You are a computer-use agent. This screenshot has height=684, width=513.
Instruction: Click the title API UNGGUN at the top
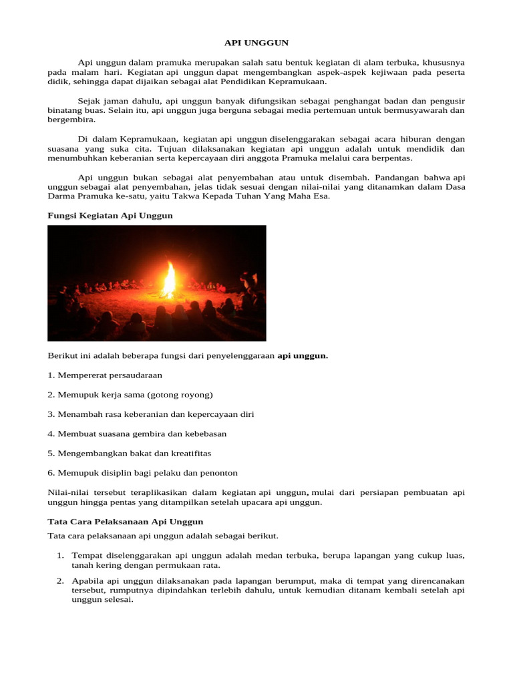[x=256, y=42]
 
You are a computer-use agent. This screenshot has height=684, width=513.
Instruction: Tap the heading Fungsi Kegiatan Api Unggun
[x=110, y=215]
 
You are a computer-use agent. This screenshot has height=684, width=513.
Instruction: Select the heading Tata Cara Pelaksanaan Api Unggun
[x=126, y=521]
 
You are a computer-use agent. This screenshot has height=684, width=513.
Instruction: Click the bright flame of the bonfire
[x=169, y=279]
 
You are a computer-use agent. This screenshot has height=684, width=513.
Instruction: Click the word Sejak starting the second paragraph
[x=90, y=100]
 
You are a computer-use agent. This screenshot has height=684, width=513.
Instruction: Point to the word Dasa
[x=454, y=187]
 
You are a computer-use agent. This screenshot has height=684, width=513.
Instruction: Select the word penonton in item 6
[x=215, y=472]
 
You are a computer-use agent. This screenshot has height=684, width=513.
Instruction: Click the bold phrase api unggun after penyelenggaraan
[x=302, y=356]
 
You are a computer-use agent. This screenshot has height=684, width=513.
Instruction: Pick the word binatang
[x=65, y=110]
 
